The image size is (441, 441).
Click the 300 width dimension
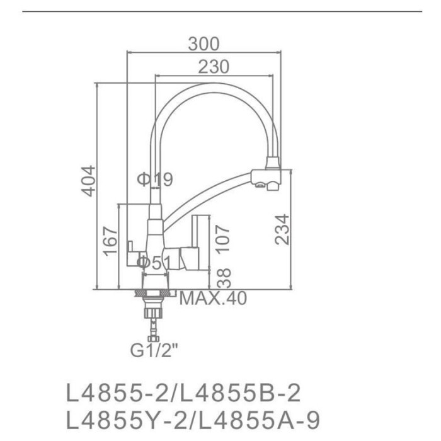[203, 44]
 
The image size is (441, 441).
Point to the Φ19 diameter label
[154, 180]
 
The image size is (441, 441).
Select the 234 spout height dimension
[284, 229]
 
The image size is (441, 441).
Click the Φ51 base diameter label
[154, 261]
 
